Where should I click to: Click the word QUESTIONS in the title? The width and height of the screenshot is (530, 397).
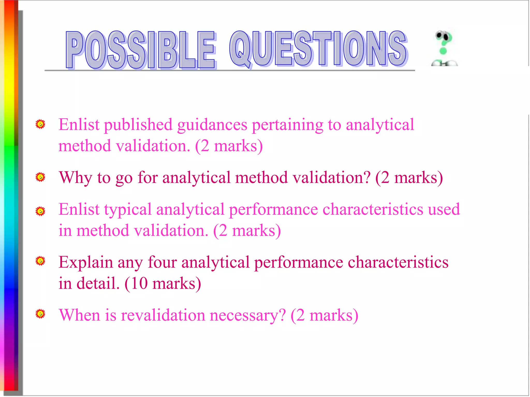click(x=318, y=49)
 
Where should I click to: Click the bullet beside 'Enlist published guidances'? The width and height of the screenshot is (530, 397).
click(x=40, y=124)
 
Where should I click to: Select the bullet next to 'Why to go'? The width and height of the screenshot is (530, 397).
click(x=40, y=177)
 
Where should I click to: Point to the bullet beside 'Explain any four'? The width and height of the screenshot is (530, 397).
click(x=40, y=261)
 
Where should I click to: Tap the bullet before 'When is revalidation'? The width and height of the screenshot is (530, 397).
click(x=40, y=314)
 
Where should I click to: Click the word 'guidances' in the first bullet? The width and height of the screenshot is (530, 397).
click(x=212, y=125)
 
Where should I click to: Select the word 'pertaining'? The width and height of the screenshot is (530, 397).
click(x=288, y=125)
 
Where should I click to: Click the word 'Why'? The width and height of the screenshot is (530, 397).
click(x=75, y=178)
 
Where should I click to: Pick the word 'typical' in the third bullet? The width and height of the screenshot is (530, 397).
click(x=128, y=210)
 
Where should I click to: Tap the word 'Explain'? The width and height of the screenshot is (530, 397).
click(x=86, y=263)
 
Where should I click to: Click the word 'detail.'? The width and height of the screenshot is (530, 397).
click(x=98, y=284)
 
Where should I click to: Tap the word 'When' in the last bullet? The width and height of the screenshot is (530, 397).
click(x=79, y=315)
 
